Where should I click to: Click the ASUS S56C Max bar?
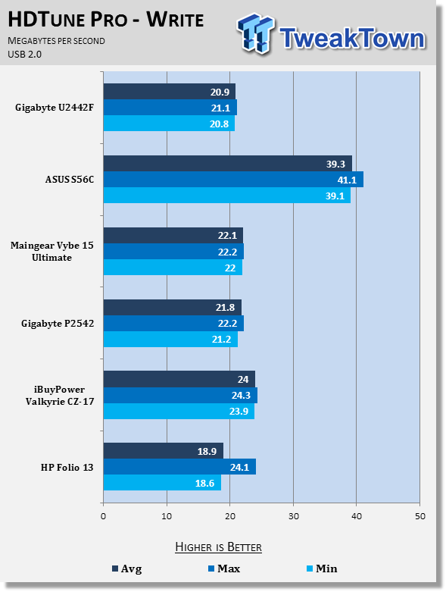click(233, 180)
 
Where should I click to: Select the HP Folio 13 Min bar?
click(162, 483)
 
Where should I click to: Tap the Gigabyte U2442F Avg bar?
click(170, 92)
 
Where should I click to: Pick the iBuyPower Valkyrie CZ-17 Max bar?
click(180, 395)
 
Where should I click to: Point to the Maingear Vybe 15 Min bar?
click(173, 268)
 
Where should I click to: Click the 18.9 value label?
click(207, 451)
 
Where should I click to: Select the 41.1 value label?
click(347, 180)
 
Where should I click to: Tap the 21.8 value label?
click(225, 307)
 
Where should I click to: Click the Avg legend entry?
click(127, 569)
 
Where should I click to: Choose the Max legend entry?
click(224, 569)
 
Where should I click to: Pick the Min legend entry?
click(322, 569)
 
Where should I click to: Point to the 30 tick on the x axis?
click(293, 516)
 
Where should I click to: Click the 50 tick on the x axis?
click(420, 516)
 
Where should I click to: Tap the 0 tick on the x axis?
click(103, 516)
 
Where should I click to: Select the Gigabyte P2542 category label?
click(58, 324)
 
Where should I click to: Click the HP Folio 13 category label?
click(67, 468)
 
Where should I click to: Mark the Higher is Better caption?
click(218, 547)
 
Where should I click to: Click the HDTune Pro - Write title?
click(106, 20)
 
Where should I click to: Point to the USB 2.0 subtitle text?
click(24, 55)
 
